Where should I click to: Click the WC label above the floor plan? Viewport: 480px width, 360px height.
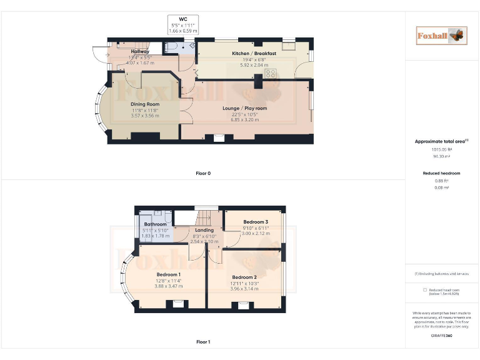pyautogui.click(x=183, y=19)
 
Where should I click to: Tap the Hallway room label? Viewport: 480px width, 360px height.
pyautogui.click(x=140, y=52)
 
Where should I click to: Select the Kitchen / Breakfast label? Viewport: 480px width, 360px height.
pyautogui.click(x=254, y=54)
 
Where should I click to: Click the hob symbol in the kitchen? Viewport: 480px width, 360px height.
pyautogui.click(x=271, y=74)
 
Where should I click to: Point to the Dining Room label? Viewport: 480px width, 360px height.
pyautogui.click(x=144, y=104)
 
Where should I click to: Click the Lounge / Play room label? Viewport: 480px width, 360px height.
pyautogui.click(x=244, y=108)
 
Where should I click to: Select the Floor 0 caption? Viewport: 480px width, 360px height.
pyautogui.click(x=202, y=173)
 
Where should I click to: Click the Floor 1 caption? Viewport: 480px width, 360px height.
pyautogui.click(x=202, y=342)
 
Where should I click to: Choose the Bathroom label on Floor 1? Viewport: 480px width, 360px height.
pyautogui.click(x=155, y=224)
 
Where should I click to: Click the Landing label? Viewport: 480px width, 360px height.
pyautogui.click(x=204, y=230)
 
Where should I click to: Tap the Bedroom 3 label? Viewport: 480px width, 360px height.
pyautogui.click(x=256, y=222)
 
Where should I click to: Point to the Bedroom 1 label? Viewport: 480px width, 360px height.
pyautogui.click(x=168, y=275)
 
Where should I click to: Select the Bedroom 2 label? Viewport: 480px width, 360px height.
pyautogui.click(x=244, y=277)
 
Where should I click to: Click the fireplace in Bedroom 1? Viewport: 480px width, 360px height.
pyautogui.click(x=169, y=304)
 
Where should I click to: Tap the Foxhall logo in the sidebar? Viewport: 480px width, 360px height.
pyautogui.click(x=441, y=36)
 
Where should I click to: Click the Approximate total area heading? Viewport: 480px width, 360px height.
pyautogui.click(x=441, y=142)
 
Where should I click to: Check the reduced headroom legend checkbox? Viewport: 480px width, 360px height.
pyautogui.click(x=425, y=289)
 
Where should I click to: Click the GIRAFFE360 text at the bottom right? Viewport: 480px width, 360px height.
pyautogui.click(x=441, y=336)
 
